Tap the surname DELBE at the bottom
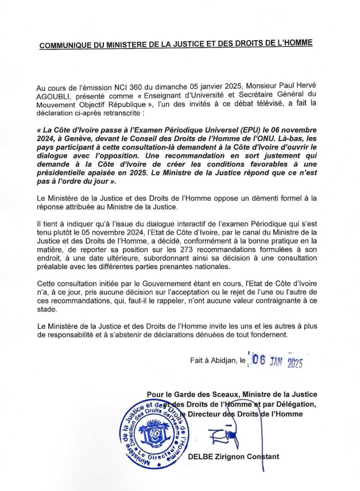point(203,457)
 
